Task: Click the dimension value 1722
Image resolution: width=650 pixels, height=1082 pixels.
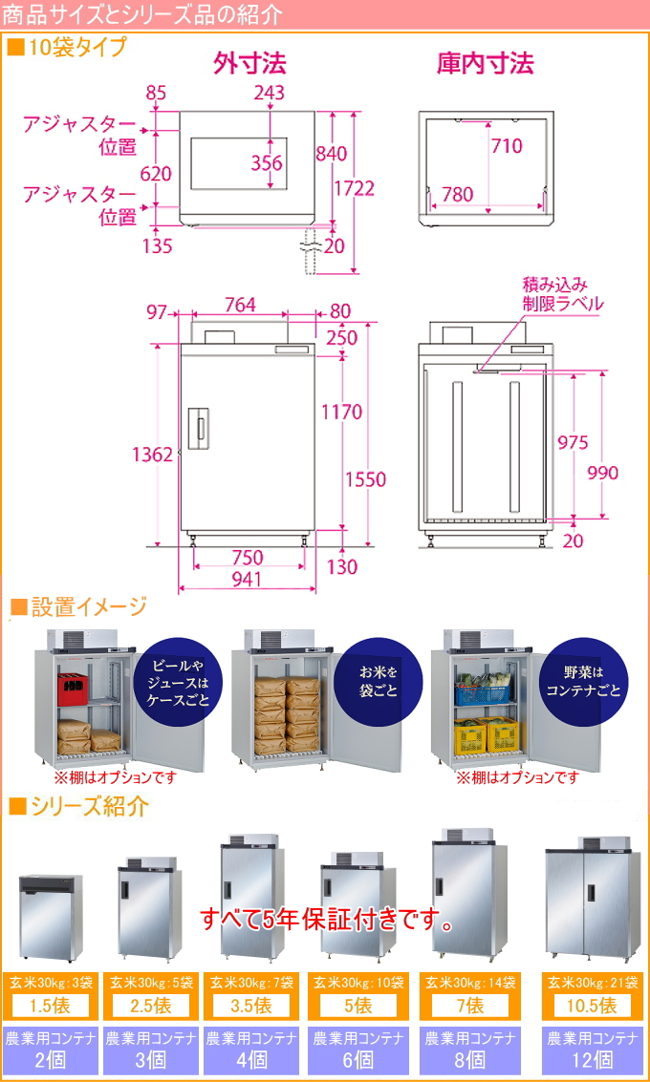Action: pos(354,188)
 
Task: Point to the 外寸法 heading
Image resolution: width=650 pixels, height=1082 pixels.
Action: pos(249,64)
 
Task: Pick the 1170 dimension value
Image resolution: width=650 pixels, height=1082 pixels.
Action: pos(341,413)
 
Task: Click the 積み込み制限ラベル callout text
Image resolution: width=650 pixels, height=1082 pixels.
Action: pos(562,294)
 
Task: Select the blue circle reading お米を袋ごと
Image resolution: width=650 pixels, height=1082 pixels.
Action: pos(379,679)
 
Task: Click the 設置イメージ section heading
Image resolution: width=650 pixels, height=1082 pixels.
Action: pos(78,607)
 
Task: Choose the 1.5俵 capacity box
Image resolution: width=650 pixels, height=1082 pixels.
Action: pos(51,1006)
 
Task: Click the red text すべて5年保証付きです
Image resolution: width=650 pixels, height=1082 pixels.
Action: pos(326,921)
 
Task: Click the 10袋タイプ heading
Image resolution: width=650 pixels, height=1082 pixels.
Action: pos(68,47)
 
